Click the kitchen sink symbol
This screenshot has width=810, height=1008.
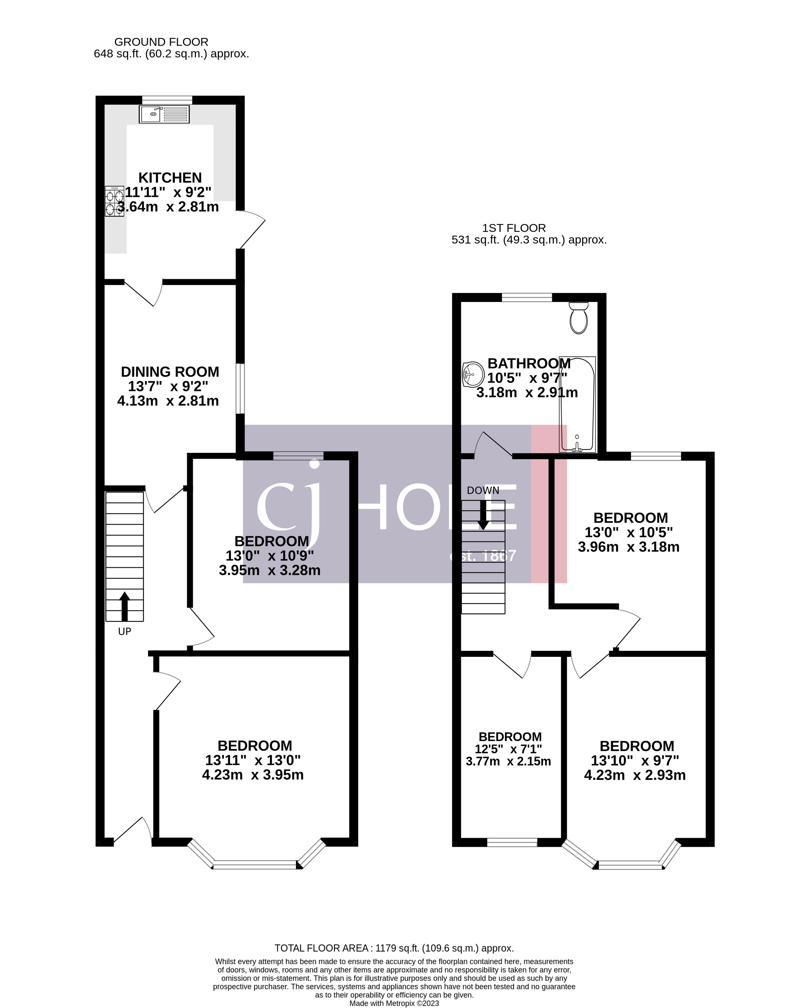[164, 114]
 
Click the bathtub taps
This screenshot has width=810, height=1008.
[577, 447]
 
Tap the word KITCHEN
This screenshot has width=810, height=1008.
[170, 178]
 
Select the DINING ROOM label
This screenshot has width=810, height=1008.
[170, 372]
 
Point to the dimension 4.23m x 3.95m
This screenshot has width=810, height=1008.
[253, 775]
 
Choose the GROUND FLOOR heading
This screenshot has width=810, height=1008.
[161, 42]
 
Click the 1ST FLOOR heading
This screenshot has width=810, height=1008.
[514, 228]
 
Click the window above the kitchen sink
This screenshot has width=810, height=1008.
[167, 99]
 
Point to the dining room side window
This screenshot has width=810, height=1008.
[240, 388]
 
